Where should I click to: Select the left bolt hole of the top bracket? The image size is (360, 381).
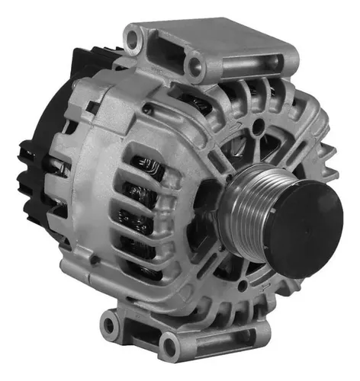(135, 36)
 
